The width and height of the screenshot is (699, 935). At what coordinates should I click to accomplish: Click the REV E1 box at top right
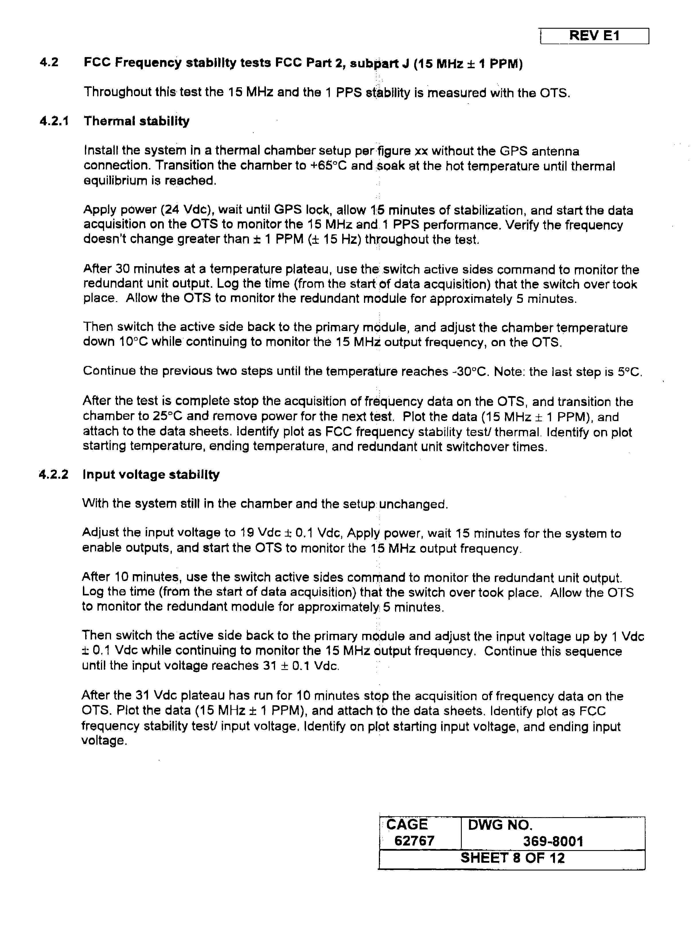(x=594, y=36)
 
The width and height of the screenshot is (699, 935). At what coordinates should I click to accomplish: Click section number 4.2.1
(x=54, y=121)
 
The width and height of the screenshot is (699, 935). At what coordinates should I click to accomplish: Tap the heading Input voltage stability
(x=151, y=474)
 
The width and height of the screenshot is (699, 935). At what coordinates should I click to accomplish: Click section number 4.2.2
(x=54, y=474)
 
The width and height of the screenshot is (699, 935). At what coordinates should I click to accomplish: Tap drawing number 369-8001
(x=553, y=841)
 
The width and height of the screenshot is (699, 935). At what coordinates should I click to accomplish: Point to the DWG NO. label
(x=500, y=825)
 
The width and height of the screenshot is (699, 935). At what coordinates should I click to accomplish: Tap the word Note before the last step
(x=508, y=371)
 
